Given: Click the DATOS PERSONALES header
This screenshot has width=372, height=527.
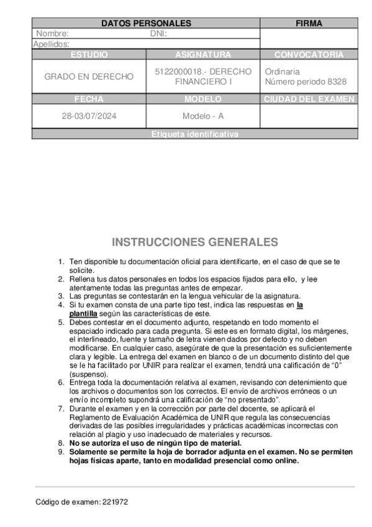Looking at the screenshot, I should point(146,24).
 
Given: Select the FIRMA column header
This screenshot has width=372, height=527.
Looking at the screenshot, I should point(309,24).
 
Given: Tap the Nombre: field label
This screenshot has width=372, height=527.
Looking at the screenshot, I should point(53,34).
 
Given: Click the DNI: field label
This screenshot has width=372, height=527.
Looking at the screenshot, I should point(159,34).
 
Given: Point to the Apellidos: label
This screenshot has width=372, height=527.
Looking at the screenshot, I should point(51,44).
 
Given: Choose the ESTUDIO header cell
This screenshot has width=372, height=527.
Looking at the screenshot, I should point(89,55).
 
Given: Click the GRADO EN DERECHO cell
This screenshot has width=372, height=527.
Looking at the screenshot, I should point(89,76).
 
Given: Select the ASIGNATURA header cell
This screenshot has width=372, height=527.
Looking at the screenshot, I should point(203,55).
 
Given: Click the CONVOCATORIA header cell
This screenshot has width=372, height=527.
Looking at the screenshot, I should point(309,55).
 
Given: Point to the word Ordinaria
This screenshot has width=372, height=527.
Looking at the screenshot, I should point(282,71).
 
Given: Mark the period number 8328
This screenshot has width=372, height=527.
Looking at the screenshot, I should point(335,82).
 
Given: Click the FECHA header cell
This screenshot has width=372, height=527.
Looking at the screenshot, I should point(89,99).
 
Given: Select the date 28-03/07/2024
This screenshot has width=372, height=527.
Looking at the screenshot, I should point(89,116).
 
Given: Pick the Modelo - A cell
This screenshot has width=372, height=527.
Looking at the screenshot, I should point(203,116).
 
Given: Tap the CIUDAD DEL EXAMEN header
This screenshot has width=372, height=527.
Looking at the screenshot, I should point(309,99).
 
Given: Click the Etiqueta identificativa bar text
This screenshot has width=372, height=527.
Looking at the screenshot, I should point(194,134).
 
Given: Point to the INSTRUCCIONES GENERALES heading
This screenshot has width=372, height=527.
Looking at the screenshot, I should point(195,242).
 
